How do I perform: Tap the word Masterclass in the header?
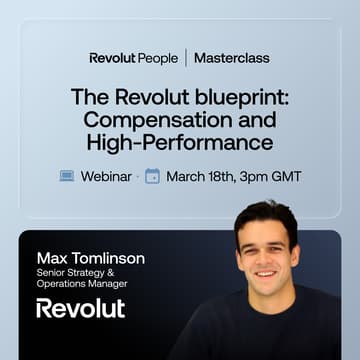click(x=231, y=58)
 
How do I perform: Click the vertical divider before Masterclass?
click(x=185, y=58)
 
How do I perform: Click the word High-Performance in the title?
click(x=179, y=144)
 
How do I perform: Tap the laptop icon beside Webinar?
click(x=66, y=176)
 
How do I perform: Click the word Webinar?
click(x=104, y=176)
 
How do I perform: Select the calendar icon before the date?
click(x=152, y=176)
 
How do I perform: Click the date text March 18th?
click(x=202, y=176)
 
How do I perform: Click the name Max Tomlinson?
click(x=89, y=258)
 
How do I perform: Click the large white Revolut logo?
click(x=80, y=308)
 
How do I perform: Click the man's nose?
click(x=266, y=256)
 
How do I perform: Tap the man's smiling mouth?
click(x=265, y=273)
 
